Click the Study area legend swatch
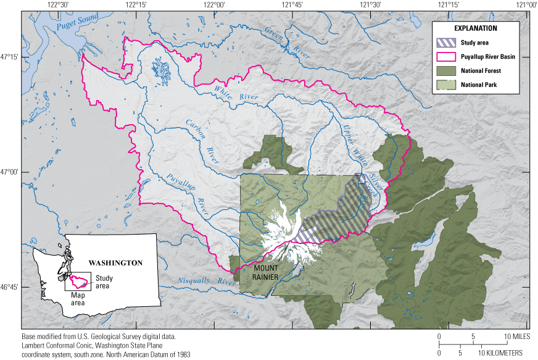tap(446, 43)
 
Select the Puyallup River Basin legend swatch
tap(446, 57)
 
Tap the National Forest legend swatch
tap(446, 70)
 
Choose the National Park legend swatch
tap(446, 85)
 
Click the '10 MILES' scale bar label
tap(516, 337)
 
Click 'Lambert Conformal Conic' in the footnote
tap(62, 346)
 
